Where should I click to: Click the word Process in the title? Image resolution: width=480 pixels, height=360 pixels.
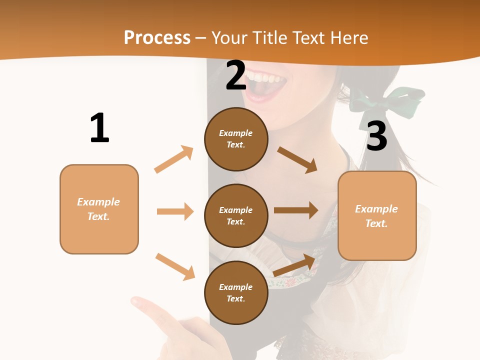click(x=157, y=37)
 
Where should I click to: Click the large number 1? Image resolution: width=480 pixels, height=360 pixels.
click(x=99, y=128)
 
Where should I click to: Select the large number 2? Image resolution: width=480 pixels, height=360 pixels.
click(x=236, y=75)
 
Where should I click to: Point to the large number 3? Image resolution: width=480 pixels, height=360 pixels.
click(x=376, y=136)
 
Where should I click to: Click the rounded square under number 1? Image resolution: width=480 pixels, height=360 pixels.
click(x=99, y=209)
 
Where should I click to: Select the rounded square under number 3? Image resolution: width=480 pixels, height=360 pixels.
click(x=377, y=216)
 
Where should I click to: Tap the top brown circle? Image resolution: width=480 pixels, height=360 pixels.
click(x=236, y=139)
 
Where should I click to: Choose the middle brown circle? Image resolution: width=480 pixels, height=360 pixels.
click(x=236, y=215)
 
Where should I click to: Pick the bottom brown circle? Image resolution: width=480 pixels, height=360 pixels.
click(x=236, y=292)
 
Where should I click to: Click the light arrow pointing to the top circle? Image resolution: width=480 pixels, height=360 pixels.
click(x=174, y=159)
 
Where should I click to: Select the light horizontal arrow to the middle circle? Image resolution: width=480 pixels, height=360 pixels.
click(x=175, y=211)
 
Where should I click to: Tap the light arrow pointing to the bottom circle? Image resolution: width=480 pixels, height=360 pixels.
click(x=175, y=266)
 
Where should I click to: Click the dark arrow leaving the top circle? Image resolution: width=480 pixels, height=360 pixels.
click(x=297, y=159)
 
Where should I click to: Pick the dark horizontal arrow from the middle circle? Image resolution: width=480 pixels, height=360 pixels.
click(x=296, y=210)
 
